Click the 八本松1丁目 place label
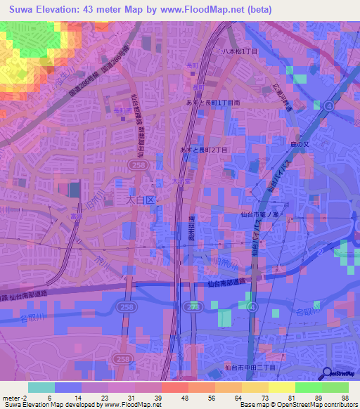240,52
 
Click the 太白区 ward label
139,200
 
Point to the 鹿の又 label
289,145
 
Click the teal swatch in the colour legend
41,387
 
